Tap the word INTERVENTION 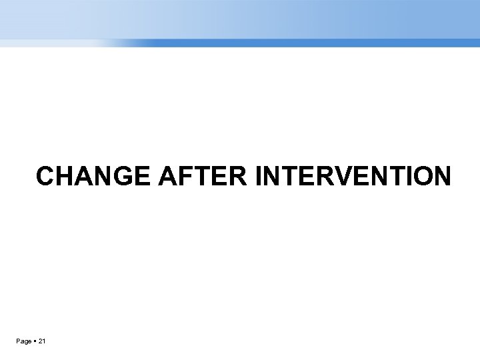tap(353, 177)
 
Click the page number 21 tap(41, 342)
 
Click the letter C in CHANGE tap(46, 177)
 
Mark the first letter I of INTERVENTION tap(259, 177)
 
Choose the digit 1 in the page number tap(44, 342)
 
